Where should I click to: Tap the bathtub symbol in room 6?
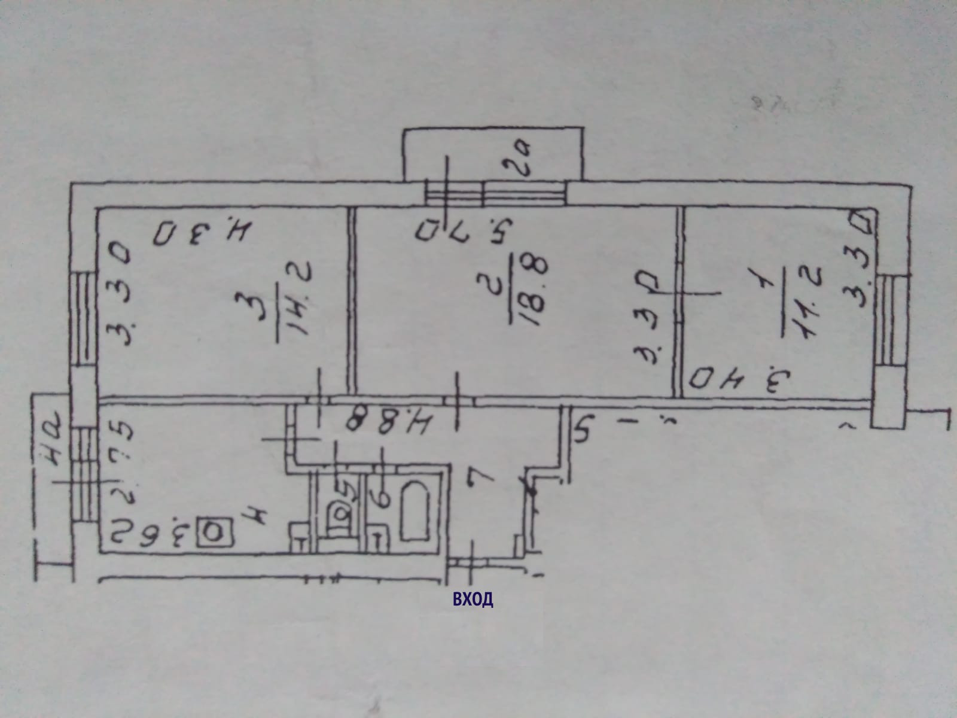(415, 514)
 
